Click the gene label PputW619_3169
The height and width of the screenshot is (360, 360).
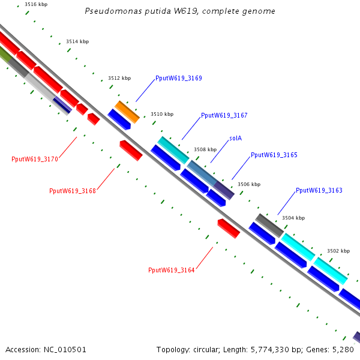179,78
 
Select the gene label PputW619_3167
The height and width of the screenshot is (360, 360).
224,115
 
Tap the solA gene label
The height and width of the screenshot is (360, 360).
236,138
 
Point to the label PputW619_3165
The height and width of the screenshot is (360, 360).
274,155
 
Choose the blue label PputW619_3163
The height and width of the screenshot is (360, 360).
319,190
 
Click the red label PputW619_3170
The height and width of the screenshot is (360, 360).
35,159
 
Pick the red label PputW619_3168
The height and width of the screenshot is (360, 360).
73,191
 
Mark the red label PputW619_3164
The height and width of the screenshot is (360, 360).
172,270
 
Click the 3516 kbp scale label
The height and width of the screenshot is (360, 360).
36,4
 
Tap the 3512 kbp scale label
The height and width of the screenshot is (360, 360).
119,78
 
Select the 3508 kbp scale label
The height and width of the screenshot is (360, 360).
205,149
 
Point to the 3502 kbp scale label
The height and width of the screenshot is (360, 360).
338,251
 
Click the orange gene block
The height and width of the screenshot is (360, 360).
127,112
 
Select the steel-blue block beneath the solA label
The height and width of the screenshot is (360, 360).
202,173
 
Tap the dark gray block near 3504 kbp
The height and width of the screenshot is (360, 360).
269,226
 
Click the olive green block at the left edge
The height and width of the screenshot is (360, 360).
5,54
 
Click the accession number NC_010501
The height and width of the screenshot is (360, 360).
65,350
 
